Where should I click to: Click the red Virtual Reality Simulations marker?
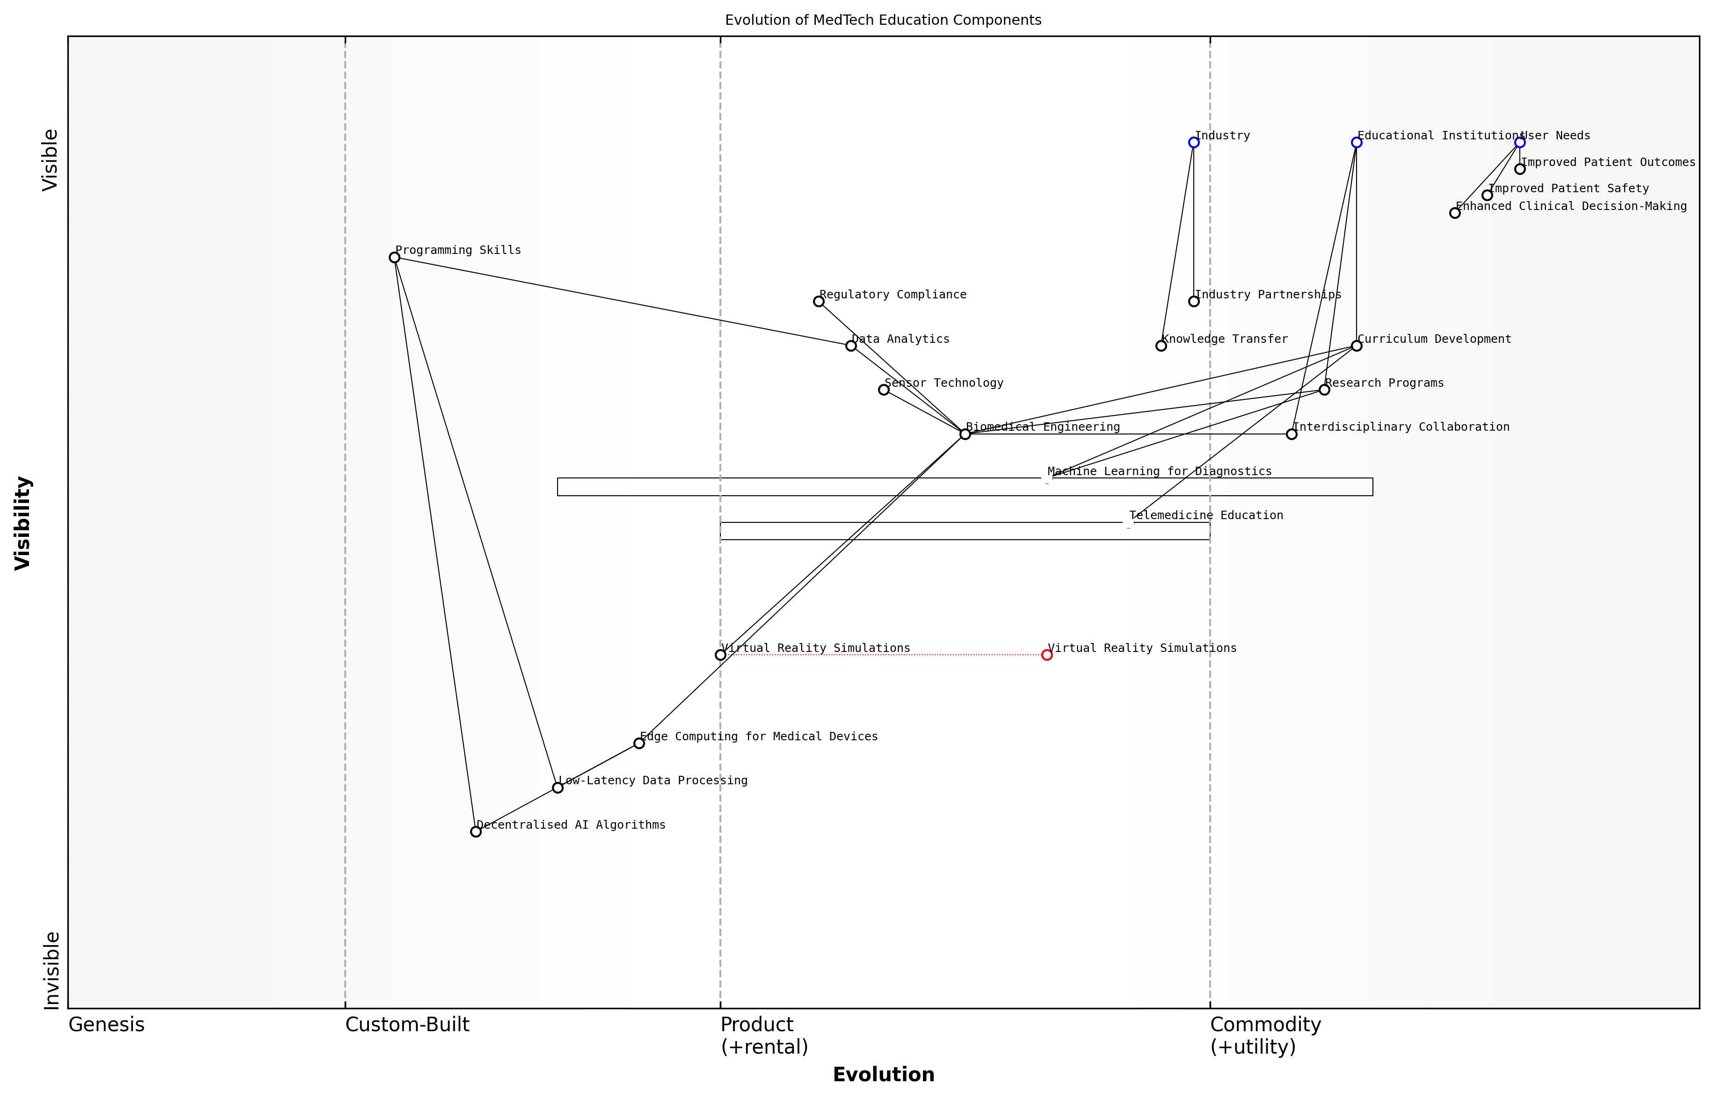[x=1046, y=655]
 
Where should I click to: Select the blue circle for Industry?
[x=1193, y=143]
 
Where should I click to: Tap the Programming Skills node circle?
[x=394, y=258]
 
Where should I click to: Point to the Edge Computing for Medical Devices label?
[x=759, y=737]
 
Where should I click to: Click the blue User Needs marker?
[x=1519, y=143]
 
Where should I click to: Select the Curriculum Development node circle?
[x=1356, y=346]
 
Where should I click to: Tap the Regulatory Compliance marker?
[x=819, y=301]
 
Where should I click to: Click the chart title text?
[x=883, y=20]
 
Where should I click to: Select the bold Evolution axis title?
[x=883, y=1074]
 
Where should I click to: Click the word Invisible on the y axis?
[x=51, y=970]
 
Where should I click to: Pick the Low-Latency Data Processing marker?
[x=558, y=788]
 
